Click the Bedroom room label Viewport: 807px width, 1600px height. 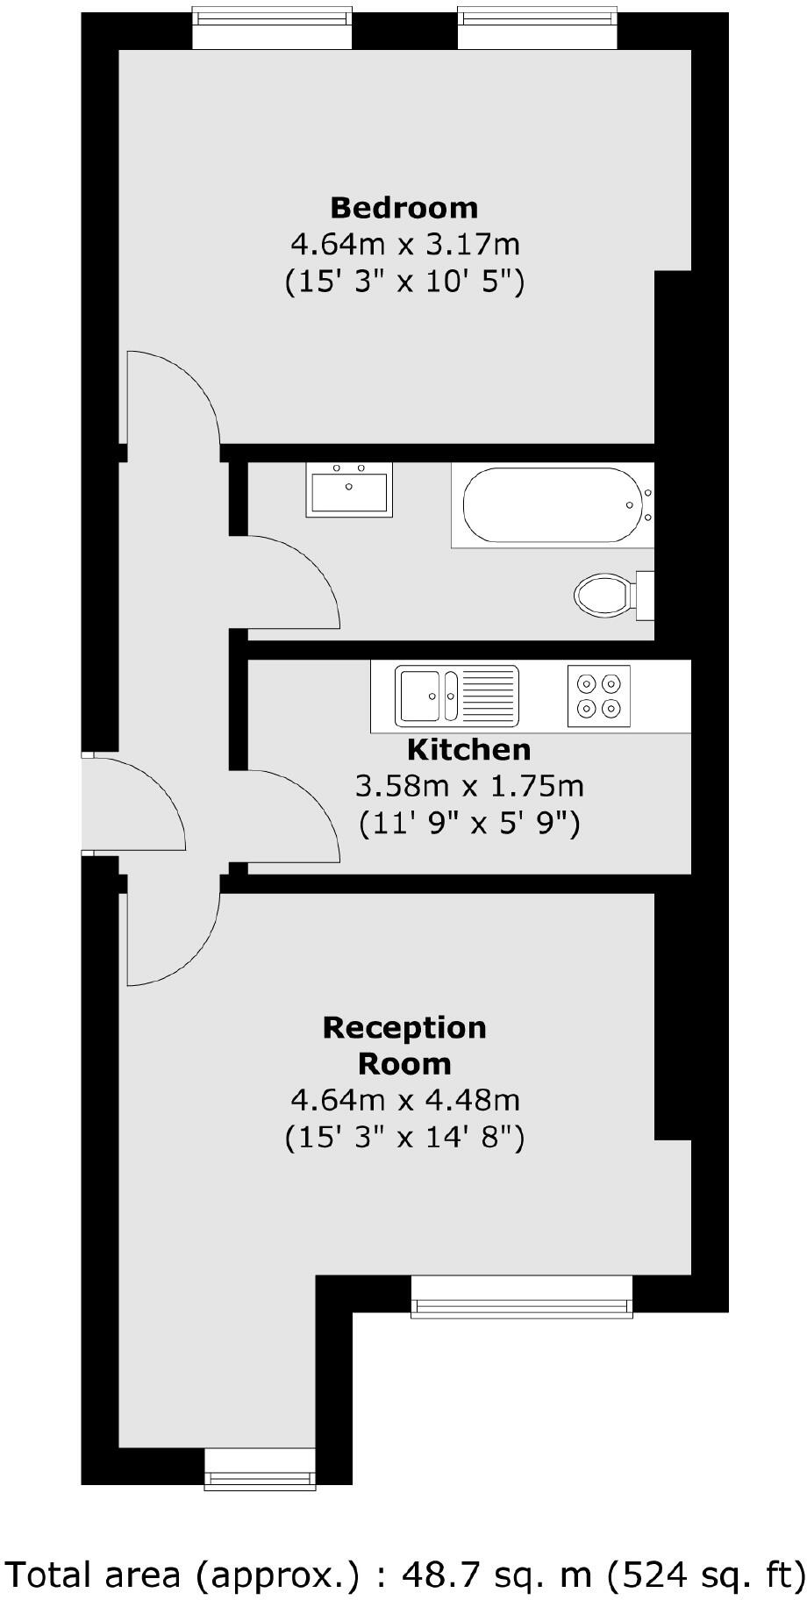point(403,208)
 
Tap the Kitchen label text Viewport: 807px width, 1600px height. point(469,750)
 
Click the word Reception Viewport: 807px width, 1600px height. point(404,1027)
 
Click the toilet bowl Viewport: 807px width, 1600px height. point(604,596)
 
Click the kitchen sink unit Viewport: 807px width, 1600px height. point(456,696)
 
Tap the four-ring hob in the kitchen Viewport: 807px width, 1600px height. point(599,696)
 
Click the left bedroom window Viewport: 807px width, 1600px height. point(272,28)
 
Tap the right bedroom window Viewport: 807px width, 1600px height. point(537,28)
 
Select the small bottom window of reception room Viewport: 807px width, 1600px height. point(260,1468)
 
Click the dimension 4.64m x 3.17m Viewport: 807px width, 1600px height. point(404,244)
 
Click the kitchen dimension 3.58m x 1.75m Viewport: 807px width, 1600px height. point(469,786)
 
